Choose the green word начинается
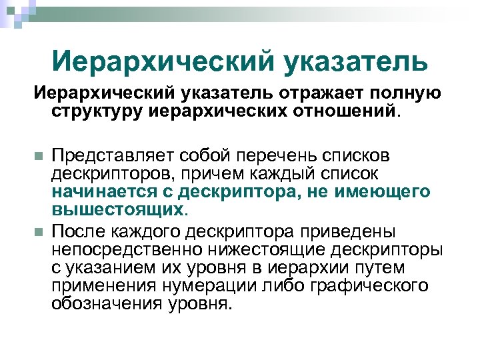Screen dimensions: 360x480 [101, 192]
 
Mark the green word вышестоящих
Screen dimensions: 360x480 [117, 209]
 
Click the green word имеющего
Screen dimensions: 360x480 [391, 192]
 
